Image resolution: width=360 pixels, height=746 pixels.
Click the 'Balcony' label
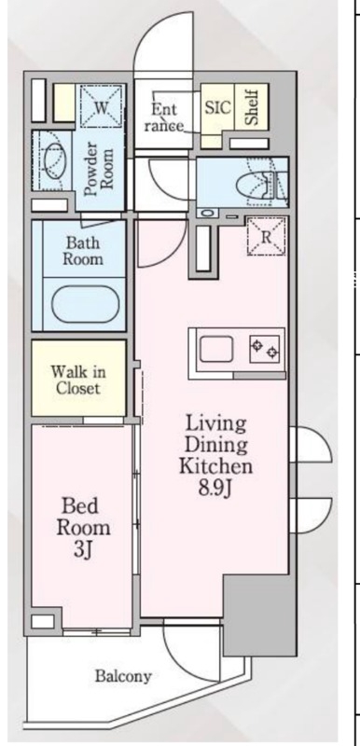pos(122,676)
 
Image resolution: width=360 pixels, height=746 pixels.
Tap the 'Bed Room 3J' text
pos(86,528)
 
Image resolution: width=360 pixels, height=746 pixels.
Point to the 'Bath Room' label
pos(83,251)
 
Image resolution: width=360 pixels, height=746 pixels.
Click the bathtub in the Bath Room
pos(83,304)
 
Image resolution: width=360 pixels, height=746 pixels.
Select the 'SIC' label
pos(217,105)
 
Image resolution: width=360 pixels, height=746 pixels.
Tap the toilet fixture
pos(256,182)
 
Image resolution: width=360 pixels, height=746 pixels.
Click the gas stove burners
pos(264,350)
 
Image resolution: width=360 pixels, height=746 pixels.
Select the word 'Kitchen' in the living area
pos(214,465)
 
